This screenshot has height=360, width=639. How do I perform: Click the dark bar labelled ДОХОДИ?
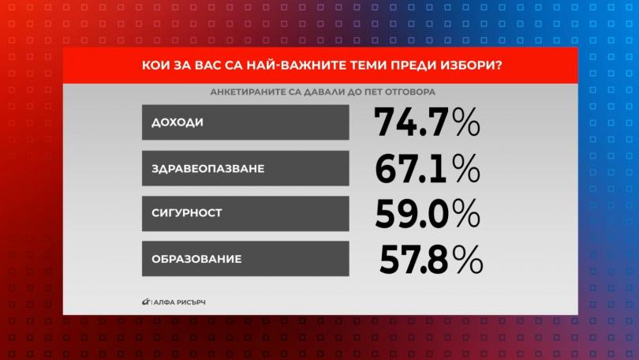[245, 122]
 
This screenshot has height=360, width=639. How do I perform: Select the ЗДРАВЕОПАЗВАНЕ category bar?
[245, 168]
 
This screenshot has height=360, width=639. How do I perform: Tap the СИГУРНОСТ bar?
[245, 214]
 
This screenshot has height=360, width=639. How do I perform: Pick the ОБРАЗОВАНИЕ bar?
[245, 258]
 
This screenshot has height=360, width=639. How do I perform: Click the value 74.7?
[411, 122]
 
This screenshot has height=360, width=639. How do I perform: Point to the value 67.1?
[411, 169]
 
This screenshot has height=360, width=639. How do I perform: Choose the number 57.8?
[413, 259]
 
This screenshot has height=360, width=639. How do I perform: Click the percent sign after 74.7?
[466, 122]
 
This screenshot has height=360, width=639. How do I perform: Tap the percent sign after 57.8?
[468, 259]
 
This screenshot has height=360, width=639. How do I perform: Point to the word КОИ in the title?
[153, 66]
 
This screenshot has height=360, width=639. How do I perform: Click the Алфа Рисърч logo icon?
[146, 302]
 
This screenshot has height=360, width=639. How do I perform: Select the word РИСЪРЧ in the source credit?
[191, 302]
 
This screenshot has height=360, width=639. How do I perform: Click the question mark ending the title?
[498, 66]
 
